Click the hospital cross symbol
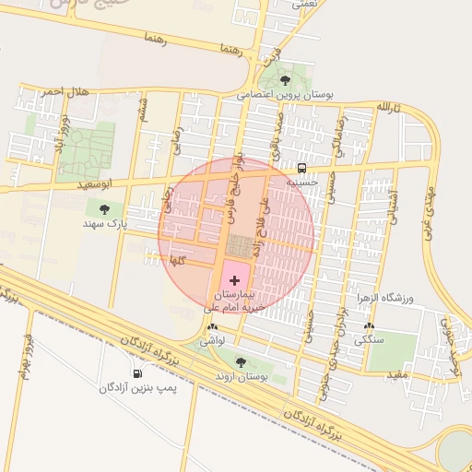click(x=233, y=278)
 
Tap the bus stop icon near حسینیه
click(x=301, y=167)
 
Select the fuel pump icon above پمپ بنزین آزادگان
click(x=138, y=374)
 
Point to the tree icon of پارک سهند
click(x=116, y=210)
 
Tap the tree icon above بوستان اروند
click(x=241, y=362)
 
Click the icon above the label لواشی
click(x=214, y=327)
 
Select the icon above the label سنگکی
click(x=370, y=327)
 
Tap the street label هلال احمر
click(x=64, y=90)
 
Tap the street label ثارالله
click(x=389, y=108)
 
